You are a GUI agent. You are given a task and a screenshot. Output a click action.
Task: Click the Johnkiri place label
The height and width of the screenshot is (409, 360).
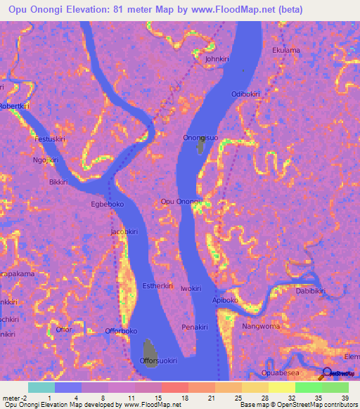[x=217, y=60]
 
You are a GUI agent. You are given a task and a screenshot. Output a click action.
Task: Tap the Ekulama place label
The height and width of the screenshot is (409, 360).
[x=286, y=51]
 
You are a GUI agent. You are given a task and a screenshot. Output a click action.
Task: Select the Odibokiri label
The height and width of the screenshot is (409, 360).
[x=245, y=94]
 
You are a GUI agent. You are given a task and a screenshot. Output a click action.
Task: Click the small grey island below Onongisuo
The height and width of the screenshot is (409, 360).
[x=201, y=147]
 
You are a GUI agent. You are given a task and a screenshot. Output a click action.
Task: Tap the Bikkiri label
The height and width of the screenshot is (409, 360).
[x=58, y=182]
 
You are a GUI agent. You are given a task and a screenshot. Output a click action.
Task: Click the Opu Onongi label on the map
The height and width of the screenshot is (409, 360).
[x=181, y=202]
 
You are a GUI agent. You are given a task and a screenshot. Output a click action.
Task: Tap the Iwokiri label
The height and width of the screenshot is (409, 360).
[x=191, y=289]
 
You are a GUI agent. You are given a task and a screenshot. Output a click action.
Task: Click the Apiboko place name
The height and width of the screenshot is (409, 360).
[x=226, y=300]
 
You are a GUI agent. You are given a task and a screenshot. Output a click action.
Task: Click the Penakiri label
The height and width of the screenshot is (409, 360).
[x=195, y=327]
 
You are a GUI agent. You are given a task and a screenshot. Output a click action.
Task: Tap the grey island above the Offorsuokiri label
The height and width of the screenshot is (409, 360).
[x=150, y=348]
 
